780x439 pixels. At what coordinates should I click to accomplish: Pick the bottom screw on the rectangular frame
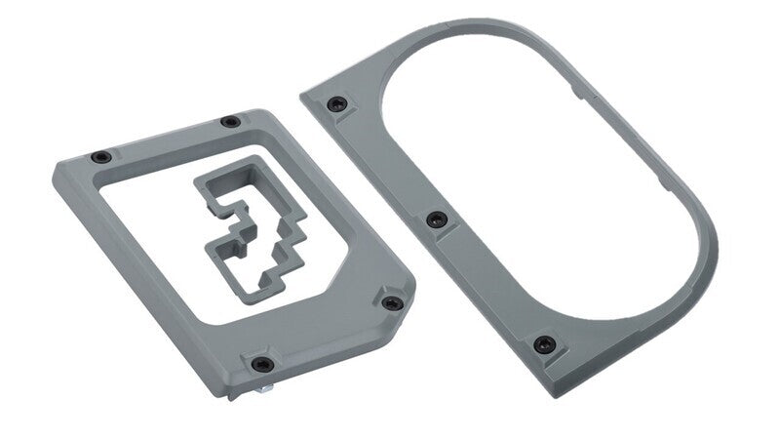(x=259, y=363)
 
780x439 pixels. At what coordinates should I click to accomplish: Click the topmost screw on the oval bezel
(x=336, y=102)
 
